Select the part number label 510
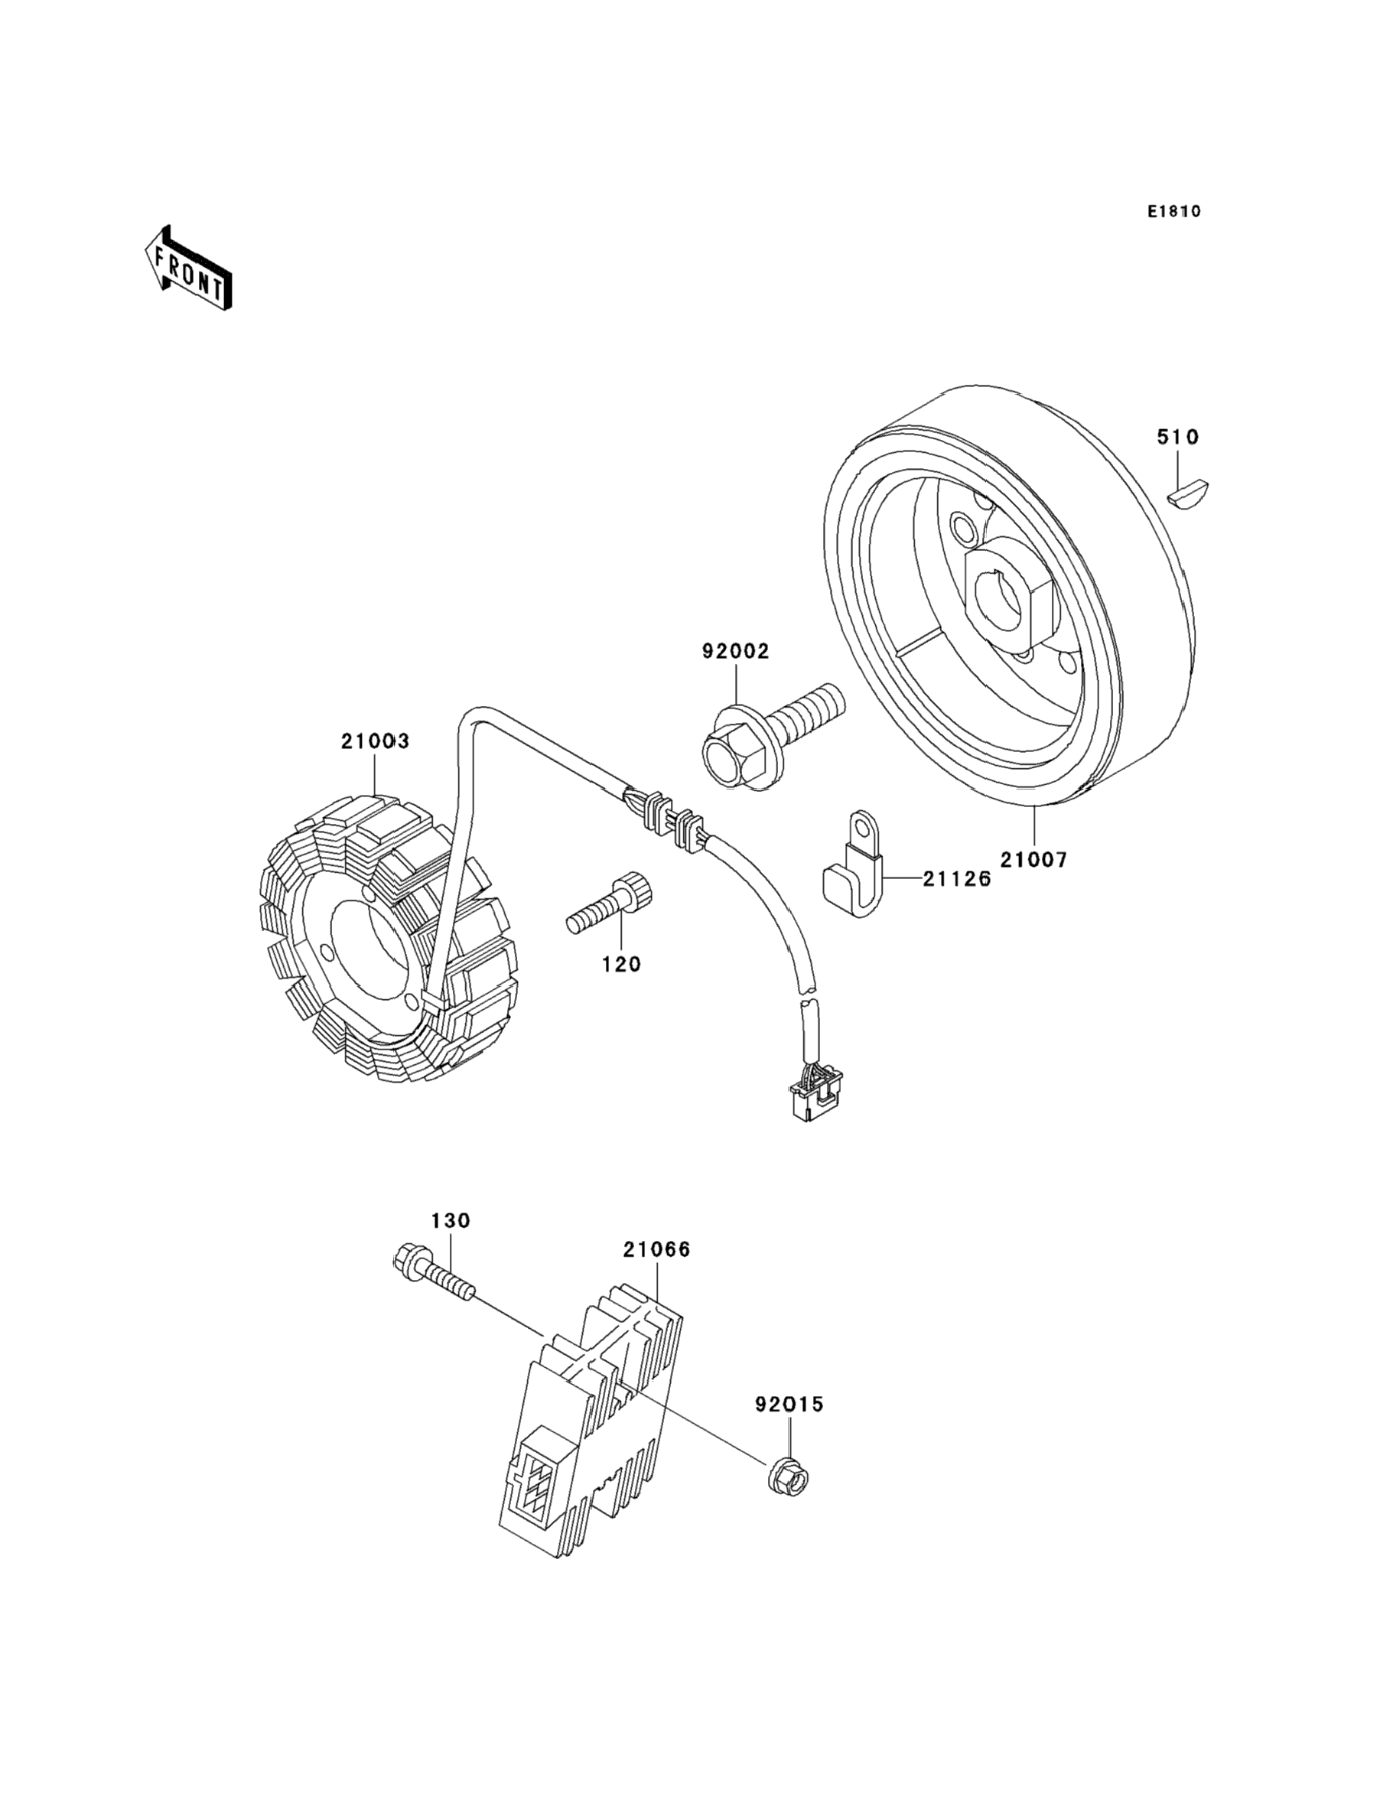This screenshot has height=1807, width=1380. coord(1178,437)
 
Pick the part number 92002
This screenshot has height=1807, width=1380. coord(735,651)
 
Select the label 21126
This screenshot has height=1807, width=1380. coord(957,879)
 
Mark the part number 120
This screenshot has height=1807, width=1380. coord(621,964)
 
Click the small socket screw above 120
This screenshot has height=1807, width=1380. coord(609,903)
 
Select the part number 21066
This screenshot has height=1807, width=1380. coord(656,1249)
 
